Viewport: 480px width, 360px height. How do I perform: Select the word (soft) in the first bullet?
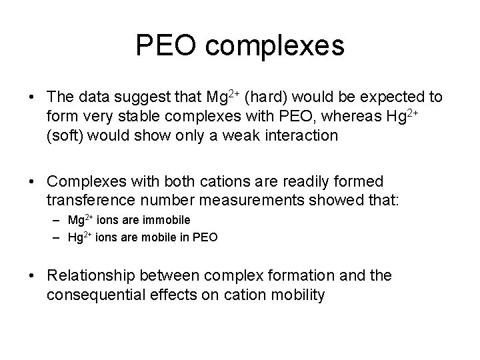[68, 135]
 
